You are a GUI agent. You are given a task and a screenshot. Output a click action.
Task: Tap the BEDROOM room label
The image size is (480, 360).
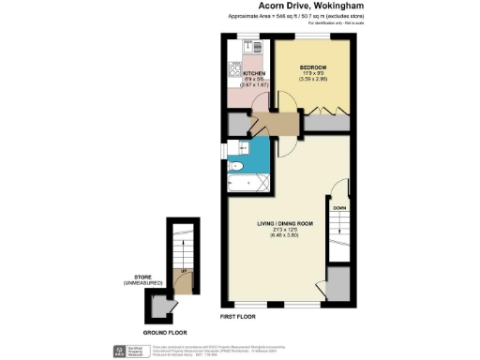(x=312, y=68)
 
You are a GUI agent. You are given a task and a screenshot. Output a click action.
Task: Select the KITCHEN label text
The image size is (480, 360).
(x=255, y=73)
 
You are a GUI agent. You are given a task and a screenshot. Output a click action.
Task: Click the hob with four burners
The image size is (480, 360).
(x=233, y=69)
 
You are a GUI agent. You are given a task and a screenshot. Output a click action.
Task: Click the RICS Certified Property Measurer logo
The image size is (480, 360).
(x=129, y=350)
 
